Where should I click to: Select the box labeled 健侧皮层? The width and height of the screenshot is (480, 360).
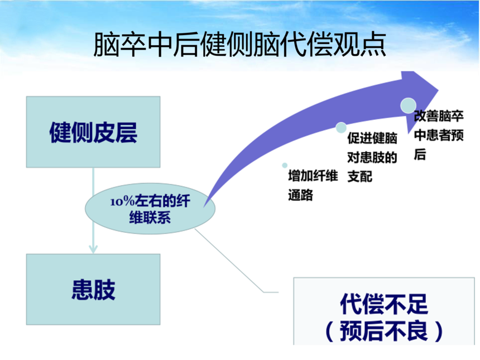click(x=93, y=132)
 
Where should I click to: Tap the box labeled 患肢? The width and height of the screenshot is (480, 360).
click(x=93, y=289)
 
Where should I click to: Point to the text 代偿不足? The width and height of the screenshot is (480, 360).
click(x=383, y=305)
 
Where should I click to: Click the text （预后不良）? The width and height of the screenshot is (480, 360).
click(x=383, y=330)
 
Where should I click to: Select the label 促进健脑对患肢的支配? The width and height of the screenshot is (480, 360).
click(x=372, y=157)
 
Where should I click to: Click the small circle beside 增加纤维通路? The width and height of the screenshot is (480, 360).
click(x=285, y=166)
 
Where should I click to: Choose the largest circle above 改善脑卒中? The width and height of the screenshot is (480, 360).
click(x=408, y=104)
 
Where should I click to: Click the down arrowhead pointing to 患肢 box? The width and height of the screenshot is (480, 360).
click(x=93, y=249)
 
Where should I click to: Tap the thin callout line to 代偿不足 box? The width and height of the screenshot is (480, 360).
click(x=234, y=262)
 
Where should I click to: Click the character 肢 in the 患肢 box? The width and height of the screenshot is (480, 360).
click(x=104, y=290)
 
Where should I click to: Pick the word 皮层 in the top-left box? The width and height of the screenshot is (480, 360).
click(x=116, y=133)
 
